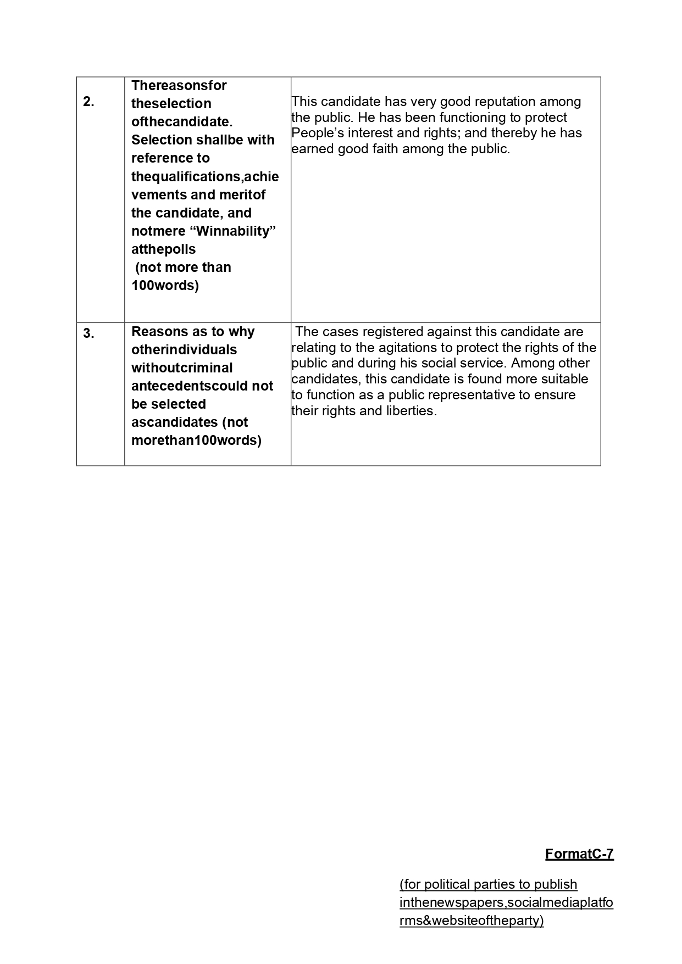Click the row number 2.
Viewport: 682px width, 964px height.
88,102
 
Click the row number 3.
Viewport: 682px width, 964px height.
88,333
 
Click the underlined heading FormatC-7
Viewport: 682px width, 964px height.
579,854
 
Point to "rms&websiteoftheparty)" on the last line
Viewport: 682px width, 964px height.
472,921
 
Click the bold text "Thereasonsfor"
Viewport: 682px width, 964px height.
179,86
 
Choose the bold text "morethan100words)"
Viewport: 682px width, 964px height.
196,441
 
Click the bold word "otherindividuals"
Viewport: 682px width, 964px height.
184,350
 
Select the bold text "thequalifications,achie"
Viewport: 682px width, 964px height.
205,177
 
